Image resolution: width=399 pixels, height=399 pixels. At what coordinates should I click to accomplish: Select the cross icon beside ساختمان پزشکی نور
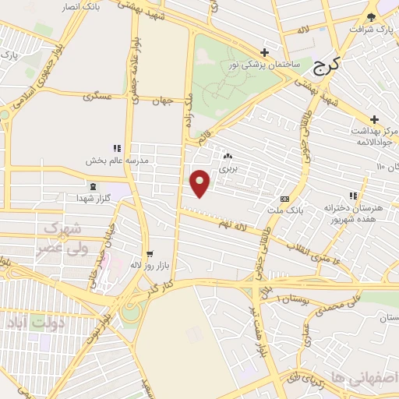(266, 53)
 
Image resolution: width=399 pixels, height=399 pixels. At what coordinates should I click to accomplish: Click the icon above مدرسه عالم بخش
(117, 148)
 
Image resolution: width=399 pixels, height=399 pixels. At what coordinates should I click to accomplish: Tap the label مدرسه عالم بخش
(116, 160)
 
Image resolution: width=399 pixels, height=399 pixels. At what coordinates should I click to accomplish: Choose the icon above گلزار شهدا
(94, 186)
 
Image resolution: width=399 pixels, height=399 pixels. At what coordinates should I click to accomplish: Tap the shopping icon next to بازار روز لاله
(149, 254)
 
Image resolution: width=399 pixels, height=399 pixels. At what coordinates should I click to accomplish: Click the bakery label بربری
(227, 168)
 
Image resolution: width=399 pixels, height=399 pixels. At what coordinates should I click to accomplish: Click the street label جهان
(161, 101)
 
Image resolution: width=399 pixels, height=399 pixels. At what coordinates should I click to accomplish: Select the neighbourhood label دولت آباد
(32, 321)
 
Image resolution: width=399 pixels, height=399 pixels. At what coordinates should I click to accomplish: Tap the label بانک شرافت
(367, 30)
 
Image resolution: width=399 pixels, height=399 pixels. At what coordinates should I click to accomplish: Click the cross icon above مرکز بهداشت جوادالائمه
(374, 119)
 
